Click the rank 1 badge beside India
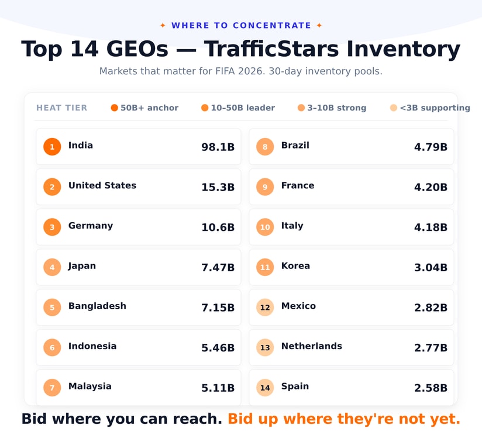[52, 147]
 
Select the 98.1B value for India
[218, 147]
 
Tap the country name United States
[102, 185]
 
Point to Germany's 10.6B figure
[218, 227]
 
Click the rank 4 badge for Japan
[52, 267]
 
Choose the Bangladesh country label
[97, 306]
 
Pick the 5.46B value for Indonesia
[218, 348]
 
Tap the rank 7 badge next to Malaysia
[52, 388]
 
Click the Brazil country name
[295, 145]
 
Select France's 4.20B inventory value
[431, 187]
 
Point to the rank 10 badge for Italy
[265, 227]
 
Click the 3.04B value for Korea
[431, 268]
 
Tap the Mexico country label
[298, 306]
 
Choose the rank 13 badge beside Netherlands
[265, 347]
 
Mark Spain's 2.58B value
[431, 388]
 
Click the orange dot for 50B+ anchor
[114, 108]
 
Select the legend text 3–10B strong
[336, 108]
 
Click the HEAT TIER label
[62, 108]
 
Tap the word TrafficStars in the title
[271, 49]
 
